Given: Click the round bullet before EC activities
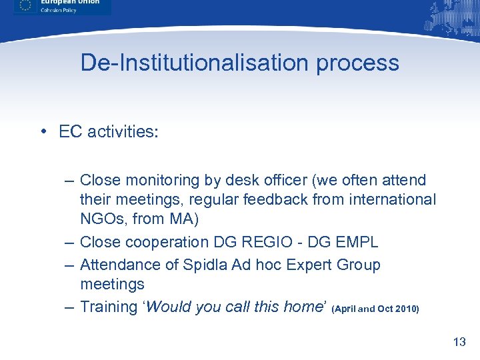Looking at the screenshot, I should pyautogui.click(x=42, y=131).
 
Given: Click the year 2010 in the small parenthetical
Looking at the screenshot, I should pyautogui.click(x=405, y=309).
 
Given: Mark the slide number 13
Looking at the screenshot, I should pyautogui.click(x=459, y=342).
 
